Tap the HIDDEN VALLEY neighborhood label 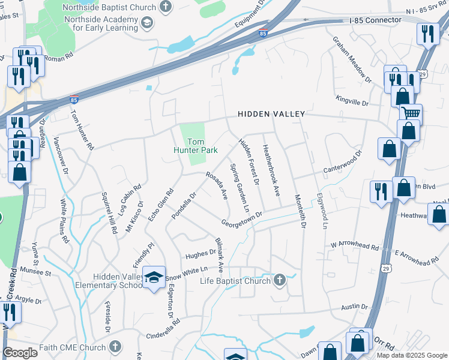tap(271, 113)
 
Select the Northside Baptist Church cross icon tap(166, 7)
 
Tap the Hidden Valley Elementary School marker tap(154, 278)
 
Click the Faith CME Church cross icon tap(115, 347)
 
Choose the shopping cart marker tap(411, 113)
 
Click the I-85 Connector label tap(375, 20)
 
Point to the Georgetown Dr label tap(242, 217)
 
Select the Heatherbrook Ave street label tap(272, 170)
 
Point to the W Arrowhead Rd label tap(355, 246)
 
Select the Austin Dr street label tap(354, 307)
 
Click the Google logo tap(20, 353)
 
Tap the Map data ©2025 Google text tap(411, 355)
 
